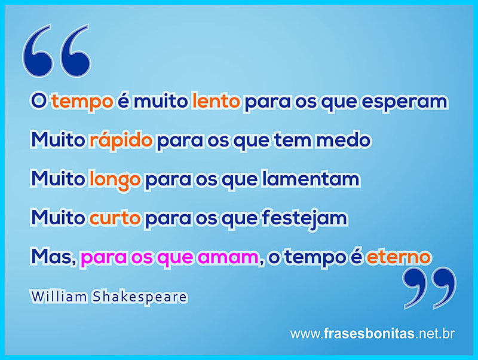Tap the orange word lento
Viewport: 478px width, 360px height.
pyautogui.click(x=216, y=101)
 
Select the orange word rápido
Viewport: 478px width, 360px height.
pyautogui.click(x=121, y=140)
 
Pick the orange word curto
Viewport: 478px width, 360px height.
pyautogui.click(x=115, y=218)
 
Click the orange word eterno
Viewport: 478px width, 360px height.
pyautogui.click(x=399, y=257)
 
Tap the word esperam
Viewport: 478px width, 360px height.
pyautogui.click(x=405, y=102)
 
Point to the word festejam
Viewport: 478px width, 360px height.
pyautogui.click(x=305, y=219)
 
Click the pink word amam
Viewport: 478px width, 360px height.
pyautogui.click(x=229, y=258)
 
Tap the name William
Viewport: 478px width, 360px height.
pyautogui.click(x=59, y=297)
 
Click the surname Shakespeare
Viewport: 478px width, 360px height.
pyautogui.click(x=140, y=297)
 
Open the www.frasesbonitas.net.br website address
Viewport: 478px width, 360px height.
pyautogui.click(x=372, y=334)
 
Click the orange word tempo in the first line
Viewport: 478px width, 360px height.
pyautogui.click(x=82, y=102)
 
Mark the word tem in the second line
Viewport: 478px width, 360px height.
pyautogui.click(x=293, y=140)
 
